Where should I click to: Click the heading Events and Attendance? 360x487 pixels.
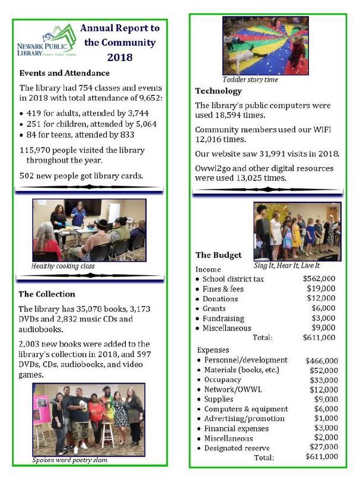[x=64, y=73]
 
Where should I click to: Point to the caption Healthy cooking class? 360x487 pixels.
[x=63, y=266]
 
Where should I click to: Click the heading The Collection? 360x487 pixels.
[x=47, y=294]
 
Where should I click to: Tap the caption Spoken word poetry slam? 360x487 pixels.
[x=71, y=460]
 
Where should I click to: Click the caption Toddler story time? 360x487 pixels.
[x=250, y=79]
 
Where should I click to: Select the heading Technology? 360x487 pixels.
[x=218, y=91]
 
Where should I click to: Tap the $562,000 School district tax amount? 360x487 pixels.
[x=318, y=279]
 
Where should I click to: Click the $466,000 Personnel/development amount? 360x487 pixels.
[x=321, y=360]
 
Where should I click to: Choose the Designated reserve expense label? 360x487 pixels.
[x=236, y=448]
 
